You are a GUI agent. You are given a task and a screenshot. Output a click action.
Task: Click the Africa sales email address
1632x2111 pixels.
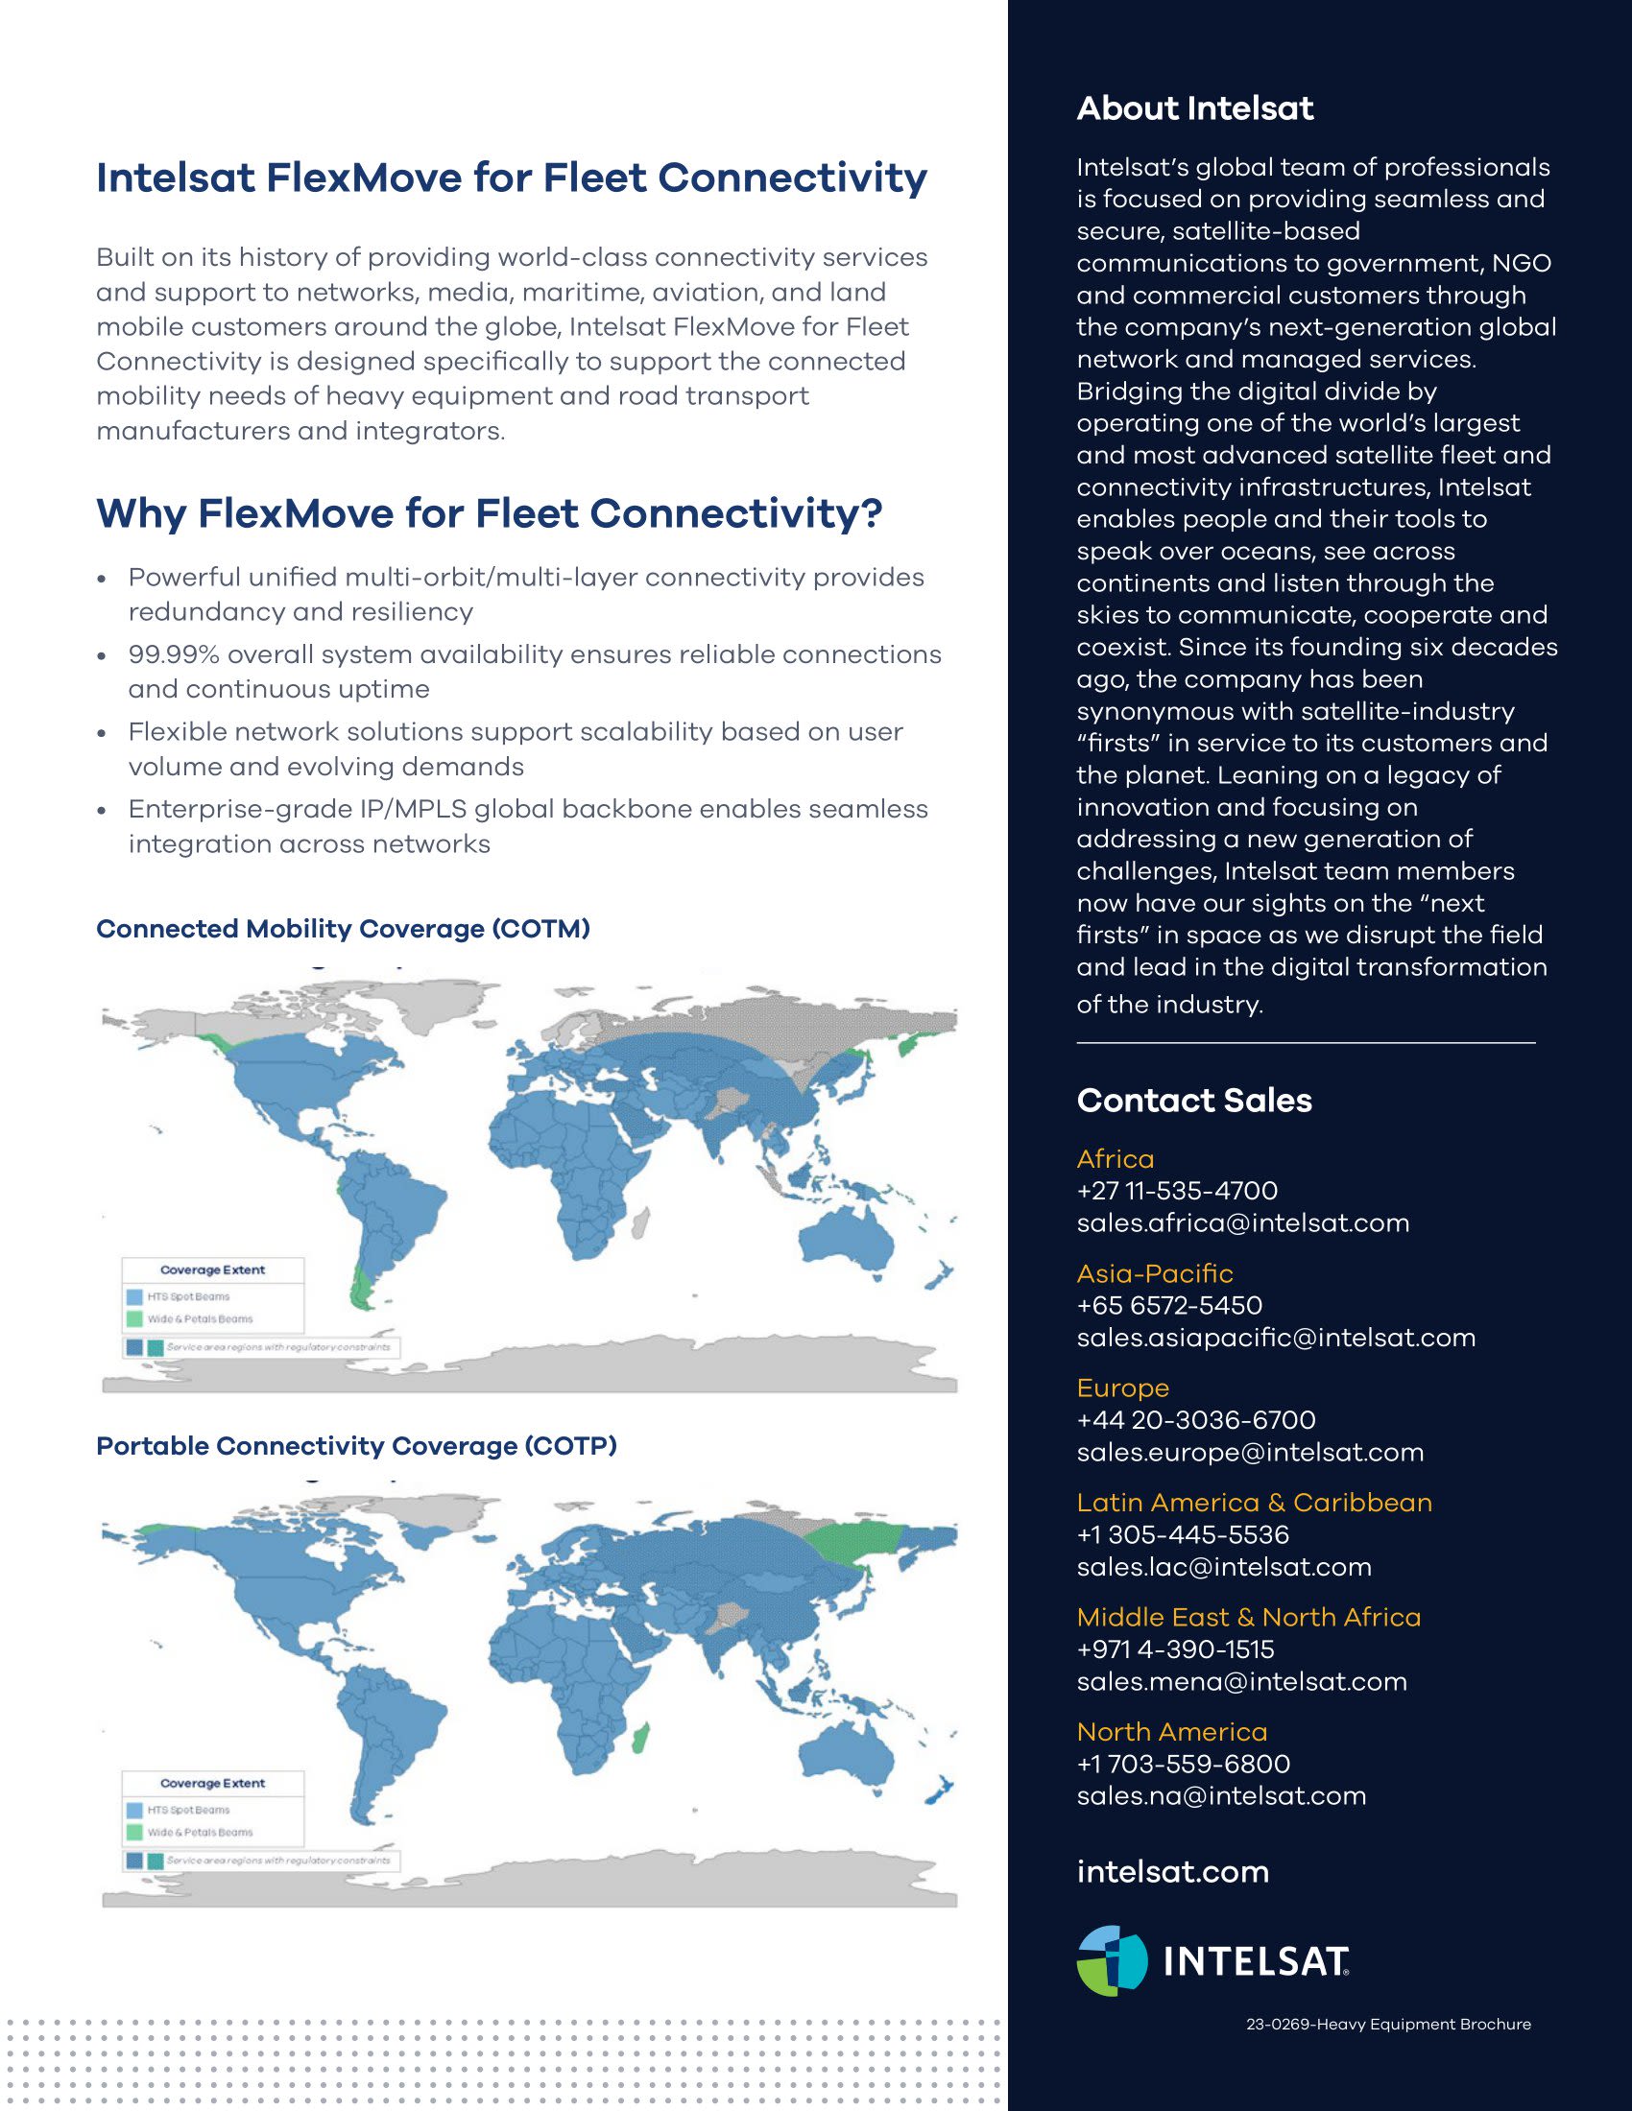pos(1242,1223)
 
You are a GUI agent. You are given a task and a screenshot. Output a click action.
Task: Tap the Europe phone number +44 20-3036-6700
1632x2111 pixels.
pos(1196,1420)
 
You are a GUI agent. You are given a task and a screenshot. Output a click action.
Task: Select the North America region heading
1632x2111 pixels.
pos(1172,1732)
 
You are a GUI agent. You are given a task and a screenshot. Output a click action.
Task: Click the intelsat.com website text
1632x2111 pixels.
pos(1172,1872)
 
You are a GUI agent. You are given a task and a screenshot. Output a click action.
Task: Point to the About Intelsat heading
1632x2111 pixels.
pos(1195,108)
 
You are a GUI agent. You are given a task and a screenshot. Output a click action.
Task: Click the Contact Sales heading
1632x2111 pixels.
pos(1194,1100)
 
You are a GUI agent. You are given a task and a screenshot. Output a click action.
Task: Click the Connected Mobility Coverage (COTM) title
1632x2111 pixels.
pos(344,929)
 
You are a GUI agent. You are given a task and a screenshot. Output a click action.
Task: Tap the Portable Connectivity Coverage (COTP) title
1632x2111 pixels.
pos(356,1446)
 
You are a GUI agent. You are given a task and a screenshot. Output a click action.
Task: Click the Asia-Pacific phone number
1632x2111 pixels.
pos(1169,1306)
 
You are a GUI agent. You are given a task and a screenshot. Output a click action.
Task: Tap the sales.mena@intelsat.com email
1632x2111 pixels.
pos(1241,1682)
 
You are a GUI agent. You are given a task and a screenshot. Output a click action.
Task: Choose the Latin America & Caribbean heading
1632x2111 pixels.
pos(1254,1503)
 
